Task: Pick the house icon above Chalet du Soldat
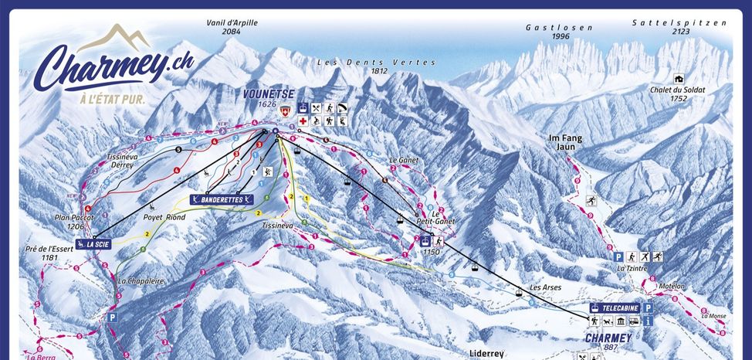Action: pyautogui.click(x=679, y=78)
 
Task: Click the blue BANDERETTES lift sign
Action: pyautogui.click(x=223, y=200)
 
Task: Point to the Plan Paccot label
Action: pyautogui.click(x=74, y=222)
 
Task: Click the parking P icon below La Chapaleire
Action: pyautogui.click(x=113, y=317)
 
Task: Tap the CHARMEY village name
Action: pyautogui.click(x=608, y=338)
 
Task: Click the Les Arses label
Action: pyautogui.click(x=545, y=287)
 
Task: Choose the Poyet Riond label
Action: pyautogui.click(x=164, y=217)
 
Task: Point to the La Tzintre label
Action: pyautogui.click(x=631, y=269)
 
